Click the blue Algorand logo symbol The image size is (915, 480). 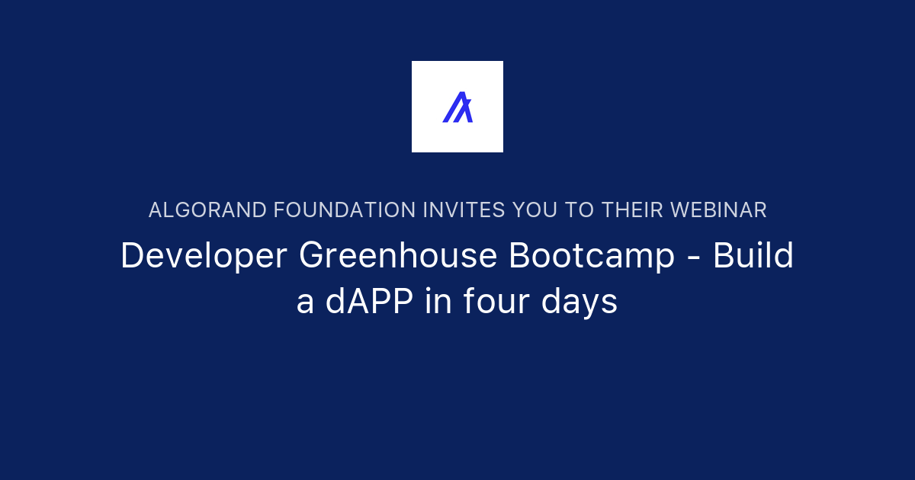(x=457, y=107)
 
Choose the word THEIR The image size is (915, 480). (x=631, y=210)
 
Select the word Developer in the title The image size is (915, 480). (x=204, y=258)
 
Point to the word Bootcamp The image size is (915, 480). (x=592, y=258)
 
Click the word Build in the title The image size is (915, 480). (x=753, y=256)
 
